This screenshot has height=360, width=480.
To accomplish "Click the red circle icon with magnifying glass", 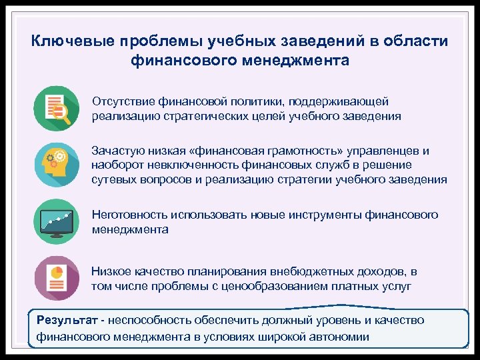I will click(56, 109).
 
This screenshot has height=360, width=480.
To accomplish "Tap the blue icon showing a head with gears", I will click(56, 165).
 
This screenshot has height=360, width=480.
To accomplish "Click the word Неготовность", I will click(129, 215).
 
